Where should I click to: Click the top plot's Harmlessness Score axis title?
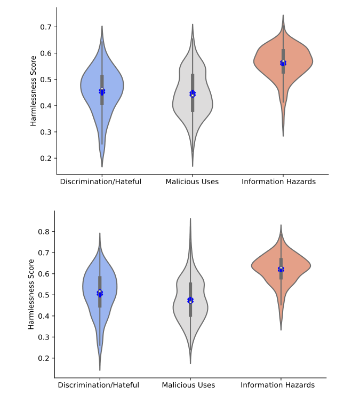tap(33, 90)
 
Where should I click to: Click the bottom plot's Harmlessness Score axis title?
tap(31, 294)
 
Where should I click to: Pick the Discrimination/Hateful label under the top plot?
tap(101, 182)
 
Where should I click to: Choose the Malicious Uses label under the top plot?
tap(192, 182)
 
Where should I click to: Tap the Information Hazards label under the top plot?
tap(279, 182)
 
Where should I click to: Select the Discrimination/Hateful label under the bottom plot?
tap(99, 385)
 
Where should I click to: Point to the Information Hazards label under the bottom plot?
tap(278, 385)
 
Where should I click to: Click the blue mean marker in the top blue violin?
tap(102, 92)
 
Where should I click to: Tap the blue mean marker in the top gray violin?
tap(193, 94)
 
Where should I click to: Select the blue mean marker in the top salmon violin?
tap(283, 63)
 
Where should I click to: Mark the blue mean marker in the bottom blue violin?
tap(100, 293)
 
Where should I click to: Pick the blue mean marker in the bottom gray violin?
tap(190, 301)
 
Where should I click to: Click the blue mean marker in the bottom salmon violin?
tap(281, 270)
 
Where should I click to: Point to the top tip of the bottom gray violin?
tap(190, 218)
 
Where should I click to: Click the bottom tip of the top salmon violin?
tap(283, 136)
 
